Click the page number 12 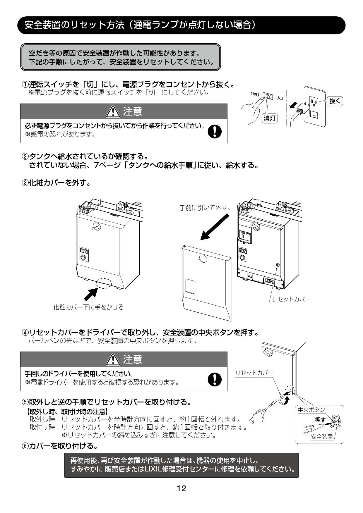181,488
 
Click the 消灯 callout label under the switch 269,118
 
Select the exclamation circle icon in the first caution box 214,132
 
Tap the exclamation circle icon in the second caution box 214,379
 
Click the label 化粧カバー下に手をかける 88,307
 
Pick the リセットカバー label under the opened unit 291,299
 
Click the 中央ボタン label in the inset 311,410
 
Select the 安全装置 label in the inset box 321,437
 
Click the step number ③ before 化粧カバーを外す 25,183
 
